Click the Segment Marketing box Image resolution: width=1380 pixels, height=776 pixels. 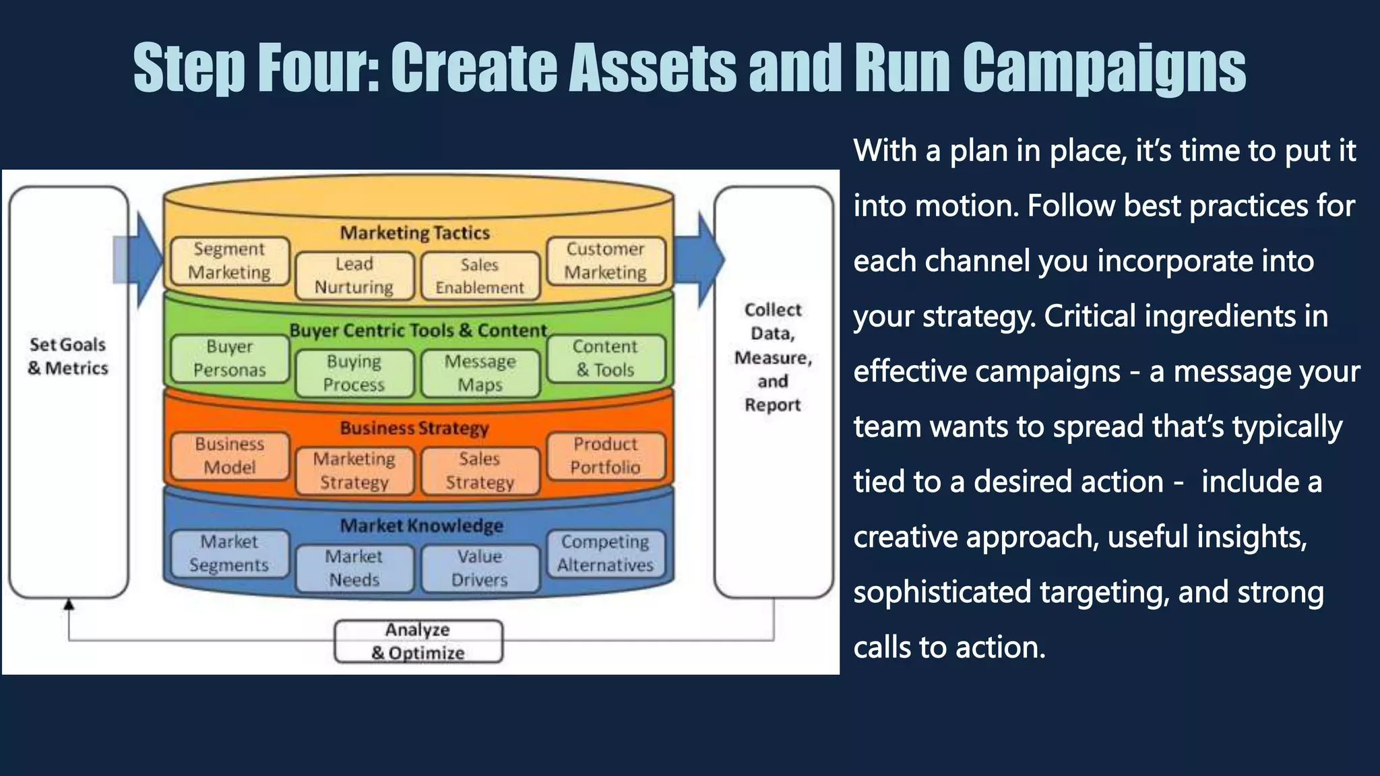(230, 261)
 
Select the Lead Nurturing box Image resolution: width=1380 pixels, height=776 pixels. (354, 276)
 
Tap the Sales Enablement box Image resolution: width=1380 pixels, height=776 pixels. (480, 276)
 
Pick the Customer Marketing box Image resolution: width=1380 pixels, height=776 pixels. (605, 261)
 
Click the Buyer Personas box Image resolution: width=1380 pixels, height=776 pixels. (230, 358)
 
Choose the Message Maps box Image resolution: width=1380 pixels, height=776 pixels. (480, 373)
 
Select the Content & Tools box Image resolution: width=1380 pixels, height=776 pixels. (605, 358)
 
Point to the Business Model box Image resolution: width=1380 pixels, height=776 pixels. (230, 456)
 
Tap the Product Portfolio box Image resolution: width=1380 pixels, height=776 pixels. (605, 456)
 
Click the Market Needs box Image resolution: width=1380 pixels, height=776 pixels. (354, 569)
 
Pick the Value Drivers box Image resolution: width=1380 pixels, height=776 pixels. (480, 569)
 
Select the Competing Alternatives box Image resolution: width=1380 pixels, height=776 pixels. (605, 554)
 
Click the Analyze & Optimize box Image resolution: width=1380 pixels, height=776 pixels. (418, 641)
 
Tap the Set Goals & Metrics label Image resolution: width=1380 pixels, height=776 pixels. (68, 356)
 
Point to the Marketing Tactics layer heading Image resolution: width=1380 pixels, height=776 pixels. (414, 233)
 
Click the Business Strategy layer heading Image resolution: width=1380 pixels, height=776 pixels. (414, 428)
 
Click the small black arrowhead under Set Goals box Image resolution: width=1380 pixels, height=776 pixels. (69, 604)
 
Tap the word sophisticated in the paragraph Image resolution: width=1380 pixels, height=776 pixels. (941, 592)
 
